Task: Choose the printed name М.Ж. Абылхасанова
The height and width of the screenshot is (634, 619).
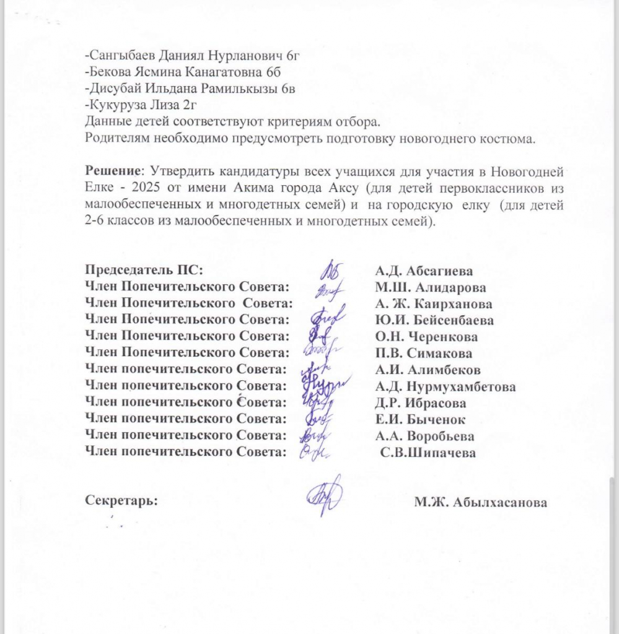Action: [x=481, y=503]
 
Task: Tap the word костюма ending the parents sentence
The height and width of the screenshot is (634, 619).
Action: [x=511, y=138]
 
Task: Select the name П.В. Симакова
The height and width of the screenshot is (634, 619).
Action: [x=423, y=354]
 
